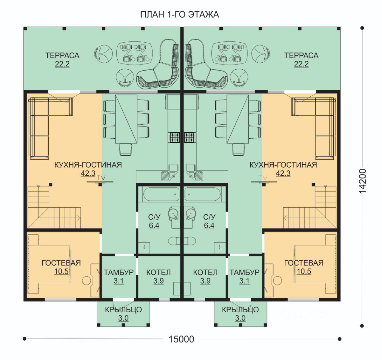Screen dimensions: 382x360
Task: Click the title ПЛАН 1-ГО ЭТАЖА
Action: (x=180, y=15)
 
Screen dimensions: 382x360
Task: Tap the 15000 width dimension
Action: (x=181, y=339)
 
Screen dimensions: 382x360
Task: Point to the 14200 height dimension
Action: (x=362, y=181)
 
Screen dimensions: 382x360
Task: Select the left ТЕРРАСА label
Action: (x=62, y=55)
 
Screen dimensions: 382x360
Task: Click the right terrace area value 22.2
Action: (x=301, y=64)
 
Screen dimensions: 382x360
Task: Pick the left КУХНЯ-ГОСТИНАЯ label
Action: (x=88, y=165)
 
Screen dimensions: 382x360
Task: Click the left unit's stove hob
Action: (x=174, y=137)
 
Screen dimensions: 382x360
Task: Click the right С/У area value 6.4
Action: (x=209, y=225)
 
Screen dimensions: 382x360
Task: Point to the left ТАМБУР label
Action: (x=118, y=272)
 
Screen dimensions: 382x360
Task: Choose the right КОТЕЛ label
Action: (x=205, y=272)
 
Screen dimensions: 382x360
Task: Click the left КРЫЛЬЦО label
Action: (x=123, y=310)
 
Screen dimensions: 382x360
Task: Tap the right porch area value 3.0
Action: (x=240, y=318)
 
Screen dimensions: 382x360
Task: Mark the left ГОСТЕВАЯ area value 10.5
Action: (x=61, y=271)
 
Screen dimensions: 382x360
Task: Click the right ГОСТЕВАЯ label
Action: (x=304, y=263)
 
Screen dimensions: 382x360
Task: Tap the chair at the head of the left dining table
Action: (x=125, y=149)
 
